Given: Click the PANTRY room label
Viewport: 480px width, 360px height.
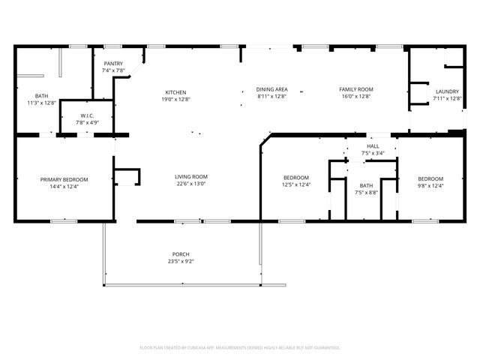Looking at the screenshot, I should (113, 64).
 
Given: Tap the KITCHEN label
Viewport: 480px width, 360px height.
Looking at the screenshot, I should (175, 92).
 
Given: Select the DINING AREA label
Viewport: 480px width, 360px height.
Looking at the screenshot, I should (271, 89).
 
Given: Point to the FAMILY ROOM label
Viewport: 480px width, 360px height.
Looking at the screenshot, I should (356, 89).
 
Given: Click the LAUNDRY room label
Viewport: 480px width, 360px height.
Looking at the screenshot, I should (447, 92).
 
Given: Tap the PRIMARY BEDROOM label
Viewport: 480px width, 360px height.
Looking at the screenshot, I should (64, 179).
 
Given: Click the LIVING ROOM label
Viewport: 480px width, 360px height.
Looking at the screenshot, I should (192, 177).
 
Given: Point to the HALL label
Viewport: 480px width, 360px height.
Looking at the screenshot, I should (373, 146).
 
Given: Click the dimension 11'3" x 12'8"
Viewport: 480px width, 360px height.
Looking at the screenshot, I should (41, 102).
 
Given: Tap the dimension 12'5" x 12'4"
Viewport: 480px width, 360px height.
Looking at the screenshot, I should (296, 184).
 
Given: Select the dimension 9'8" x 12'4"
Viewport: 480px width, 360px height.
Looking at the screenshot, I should (430, 184).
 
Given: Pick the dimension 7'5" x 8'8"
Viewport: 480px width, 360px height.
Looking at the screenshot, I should (366, 192).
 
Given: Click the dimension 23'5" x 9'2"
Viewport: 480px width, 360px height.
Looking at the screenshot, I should (181, 262).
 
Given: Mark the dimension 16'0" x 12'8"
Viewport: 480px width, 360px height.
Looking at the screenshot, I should (356, 96).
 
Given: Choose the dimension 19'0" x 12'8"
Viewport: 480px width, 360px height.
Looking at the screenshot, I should (175, 99).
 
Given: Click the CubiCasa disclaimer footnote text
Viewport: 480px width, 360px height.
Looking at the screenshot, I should (240, 347).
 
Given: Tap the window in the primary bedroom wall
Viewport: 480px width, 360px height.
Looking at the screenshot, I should (64, 220).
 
